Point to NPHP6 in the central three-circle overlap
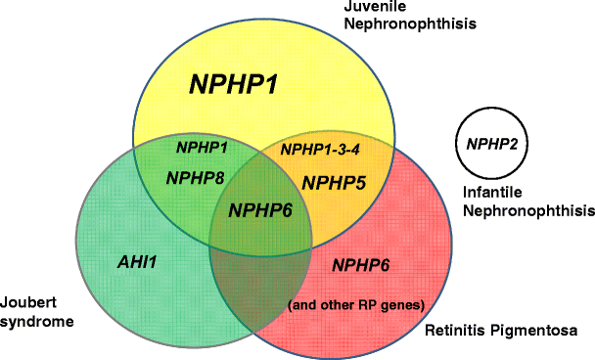click(x=260, y=209)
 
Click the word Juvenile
click(x=372, y=8)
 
